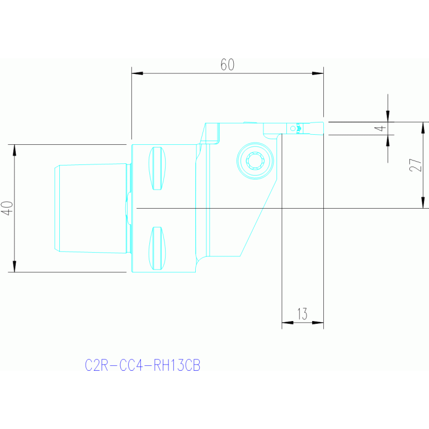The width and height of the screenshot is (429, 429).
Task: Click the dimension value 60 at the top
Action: [x=227, y=65]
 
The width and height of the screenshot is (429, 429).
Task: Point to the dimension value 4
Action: [x=380, y=128]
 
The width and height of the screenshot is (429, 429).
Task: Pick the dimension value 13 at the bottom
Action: [x=302, y=314]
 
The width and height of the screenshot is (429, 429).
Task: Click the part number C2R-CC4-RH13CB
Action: [x=143, y=366]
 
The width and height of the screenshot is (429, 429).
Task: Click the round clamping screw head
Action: [x=256, y=161]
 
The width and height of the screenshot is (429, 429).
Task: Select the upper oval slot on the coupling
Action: [x=157, y=168]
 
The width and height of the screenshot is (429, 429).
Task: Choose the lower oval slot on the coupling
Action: [x=157, y=248]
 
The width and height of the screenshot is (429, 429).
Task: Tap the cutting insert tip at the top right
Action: [x=316, y=128]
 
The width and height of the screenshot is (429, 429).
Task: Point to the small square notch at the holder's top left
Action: [x=212, y=132]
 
